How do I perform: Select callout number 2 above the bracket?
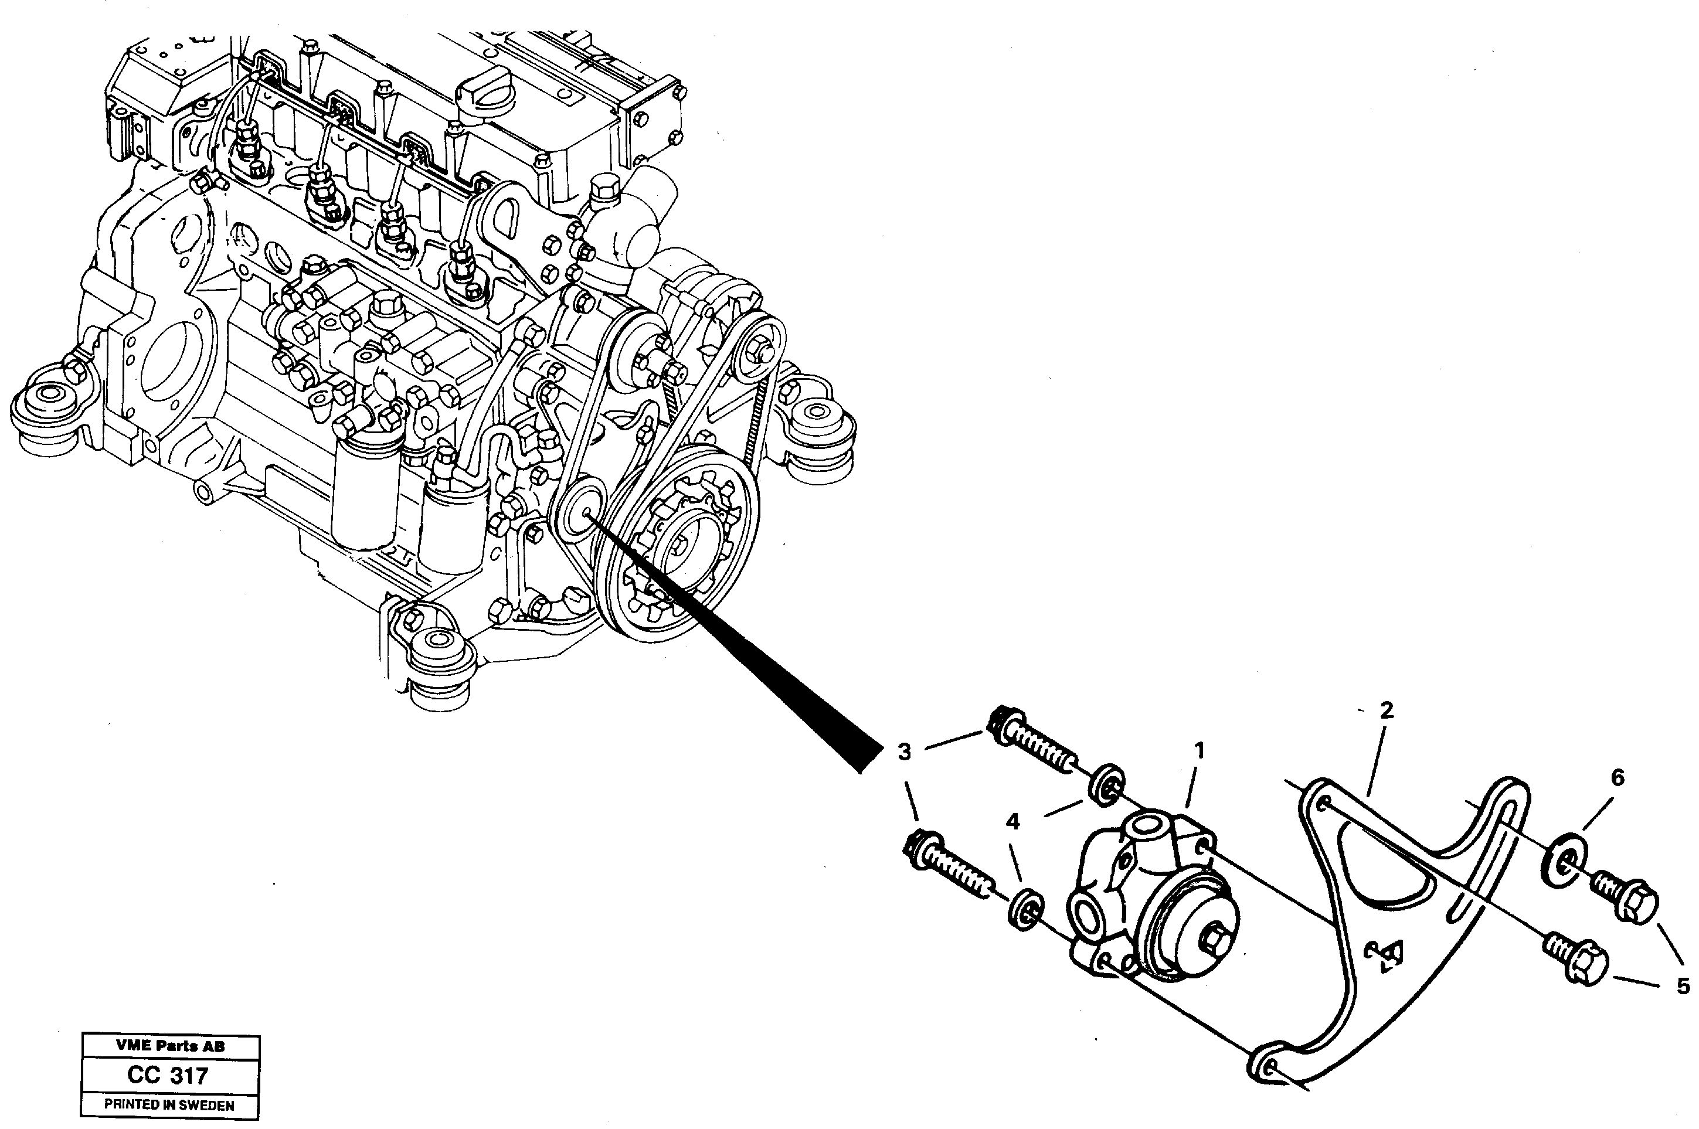click(1386, 710)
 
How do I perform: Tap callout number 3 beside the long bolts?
click(904, 753)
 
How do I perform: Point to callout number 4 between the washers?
click(1013, 822)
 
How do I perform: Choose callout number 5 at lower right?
click(1683, 986)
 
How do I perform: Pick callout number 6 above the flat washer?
click(1617, 778)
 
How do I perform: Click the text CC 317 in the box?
click(168, 1076)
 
